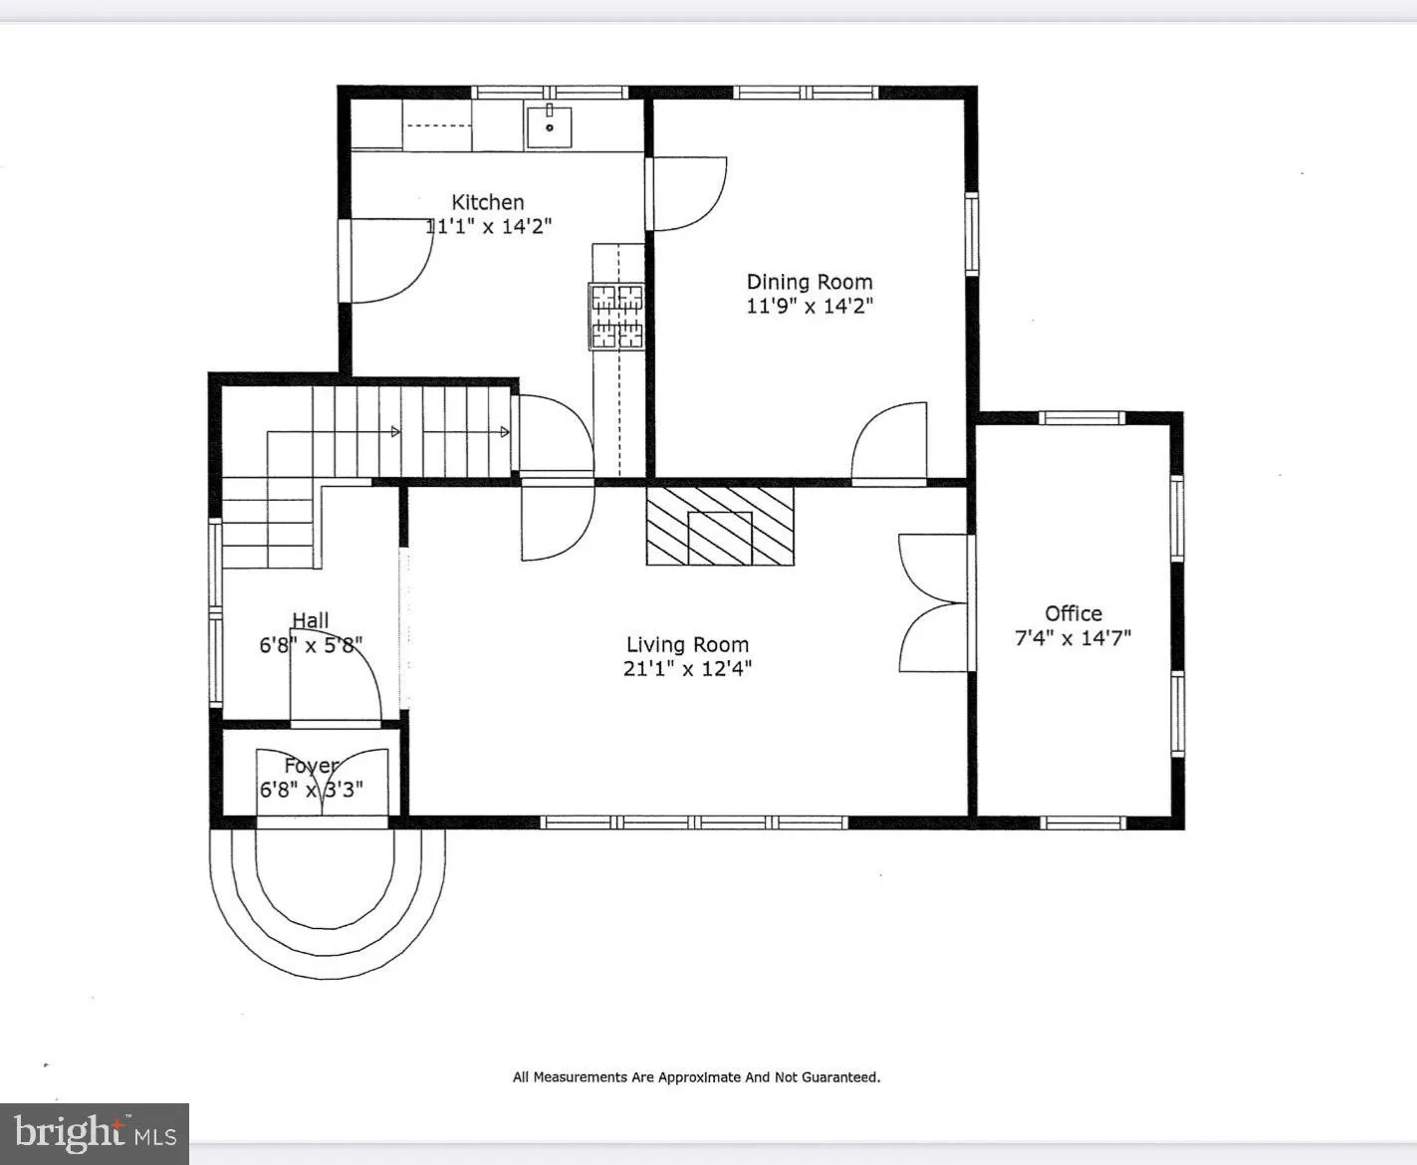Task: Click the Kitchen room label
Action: point(488,202)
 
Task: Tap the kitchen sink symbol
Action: point(549,125)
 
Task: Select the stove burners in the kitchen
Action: point(617,317)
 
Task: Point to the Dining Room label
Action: point(810,282)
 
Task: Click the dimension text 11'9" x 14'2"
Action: point(810,307)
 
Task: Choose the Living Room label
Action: point(687,645)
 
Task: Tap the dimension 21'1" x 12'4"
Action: point(687,669)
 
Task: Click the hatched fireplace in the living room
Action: point(720,525)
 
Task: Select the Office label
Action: point(1073,613)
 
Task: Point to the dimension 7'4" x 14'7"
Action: point(1073,638)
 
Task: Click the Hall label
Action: point(311,621)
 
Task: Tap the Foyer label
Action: point(311,766)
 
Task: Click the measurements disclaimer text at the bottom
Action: point(696,1076)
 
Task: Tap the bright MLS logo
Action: point(95,1134)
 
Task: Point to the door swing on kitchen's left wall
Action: point(388,259)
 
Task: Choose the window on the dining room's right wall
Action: point(971,233)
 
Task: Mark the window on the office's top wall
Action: point(1081,417)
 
